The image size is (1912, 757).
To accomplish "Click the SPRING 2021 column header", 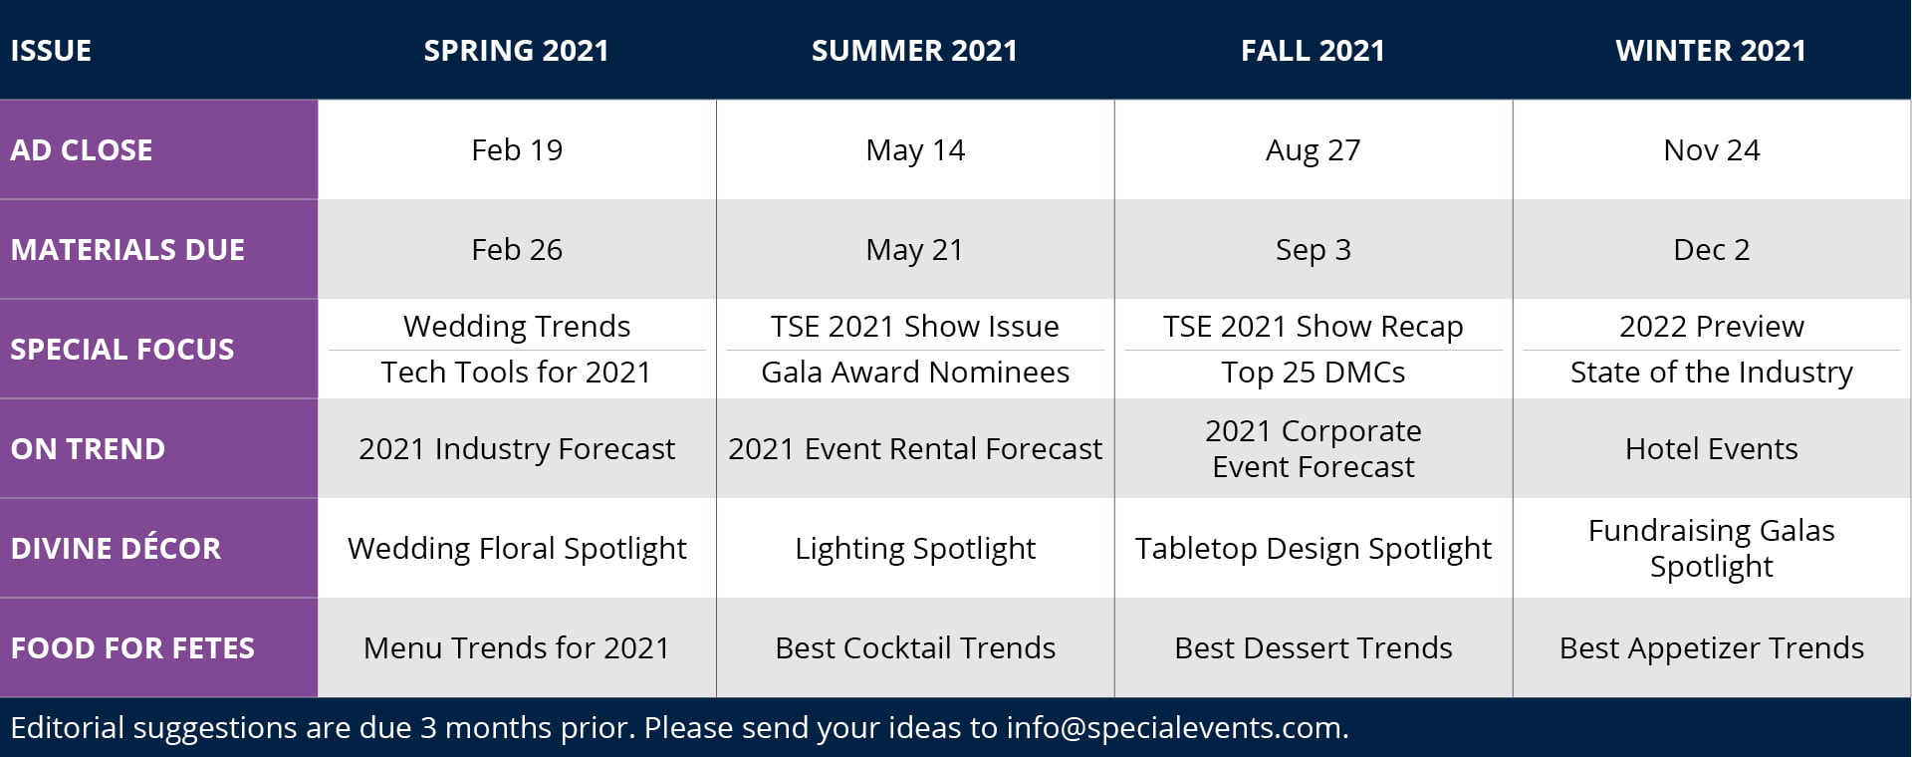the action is [x=516, y=51].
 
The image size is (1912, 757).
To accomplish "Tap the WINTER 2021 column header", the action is [x=1711, y=51].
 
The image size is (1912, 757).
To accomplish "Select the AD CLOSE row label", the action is [x=82, y=150].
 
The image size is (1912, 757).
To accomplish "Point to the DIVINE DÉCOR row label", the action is [x=116, y=549].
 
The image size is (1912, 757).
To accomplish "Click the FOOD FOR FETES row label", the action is [x=132, y=648].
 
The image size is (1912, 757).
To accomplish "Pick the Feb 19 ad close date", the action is [x=517, y=150].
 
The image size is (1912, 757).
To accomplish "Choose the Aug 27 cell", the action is [x=1313, y=151].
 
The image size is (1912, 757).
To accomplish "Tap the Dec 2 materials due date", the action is [x=1712, y=250].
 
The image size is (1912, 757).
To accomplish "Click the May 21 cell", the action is [x=915, y=251].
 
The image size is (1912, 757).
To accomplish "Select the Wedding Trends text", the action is [x=517, y=327].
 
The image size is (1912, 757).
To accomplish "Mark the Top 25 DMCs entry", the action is [x=1314, y=373].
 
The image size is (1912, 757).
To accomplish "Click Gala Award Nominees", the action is [x=915, y=373].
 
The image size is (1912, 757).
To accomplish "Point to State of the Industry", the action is [x=1712, y=373].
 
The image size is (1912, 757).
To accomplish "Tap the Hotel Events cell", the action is [x=1712, y=449].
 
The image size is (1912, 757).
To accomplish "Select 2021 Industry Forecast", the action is [x=517, y=449].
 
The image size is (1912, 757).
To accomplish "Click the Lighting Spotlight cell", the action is [x=915, y=550].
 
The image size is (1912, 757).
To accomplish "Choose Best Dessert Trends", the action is [x=1314, y=648].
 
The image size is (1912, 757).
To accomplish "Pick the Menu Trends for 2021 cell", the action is [x=517, y=648].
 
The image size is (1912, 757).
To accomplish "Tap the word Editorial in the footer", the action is [x=68, y=728].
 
